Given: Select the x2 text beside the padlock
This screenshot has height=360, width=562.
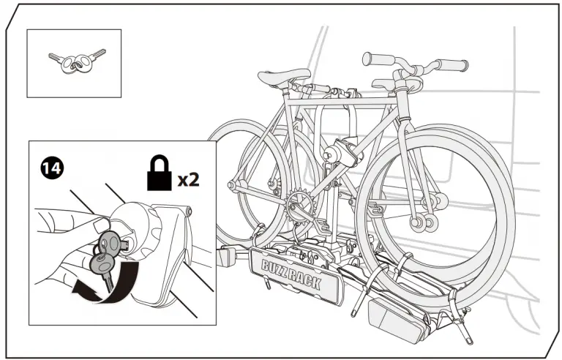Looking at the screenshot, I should click(188, 179).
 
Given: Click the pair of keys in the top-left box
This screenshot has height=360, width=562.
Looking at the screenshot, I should click(75, 62).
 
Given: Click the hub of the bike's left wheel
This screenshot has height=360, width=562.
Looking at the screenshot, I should click(236, 184).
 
